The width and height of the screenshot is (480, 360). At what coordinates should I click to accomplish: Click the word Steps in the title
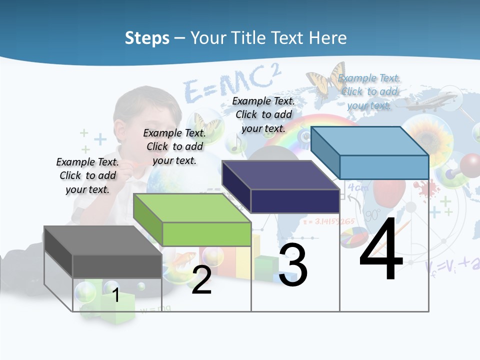coord(147,38)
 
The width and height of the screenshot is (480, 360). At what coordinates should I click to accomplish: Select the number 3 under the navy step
coord(293,265)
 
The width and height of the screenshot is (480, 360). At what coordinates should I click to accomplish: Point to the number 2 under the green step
coord(201,280)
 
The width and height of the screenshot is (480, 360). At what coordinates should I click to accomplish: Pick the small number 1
coord(116,295)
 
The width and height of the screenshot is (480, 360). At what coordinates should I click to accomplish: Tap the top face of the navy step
coord(280,175)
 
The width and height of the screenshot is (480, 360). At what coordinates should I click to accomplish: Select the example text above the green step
coord(174,146)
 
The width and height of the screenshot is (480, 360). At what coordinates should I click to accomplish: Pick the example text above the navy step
coord(263,114)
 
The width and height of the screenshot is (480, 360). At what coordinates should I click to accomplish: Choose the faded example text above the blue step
coord(369,91)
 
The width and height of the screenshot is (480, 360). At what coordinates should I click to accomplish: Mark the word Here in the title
coord(327,38)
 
